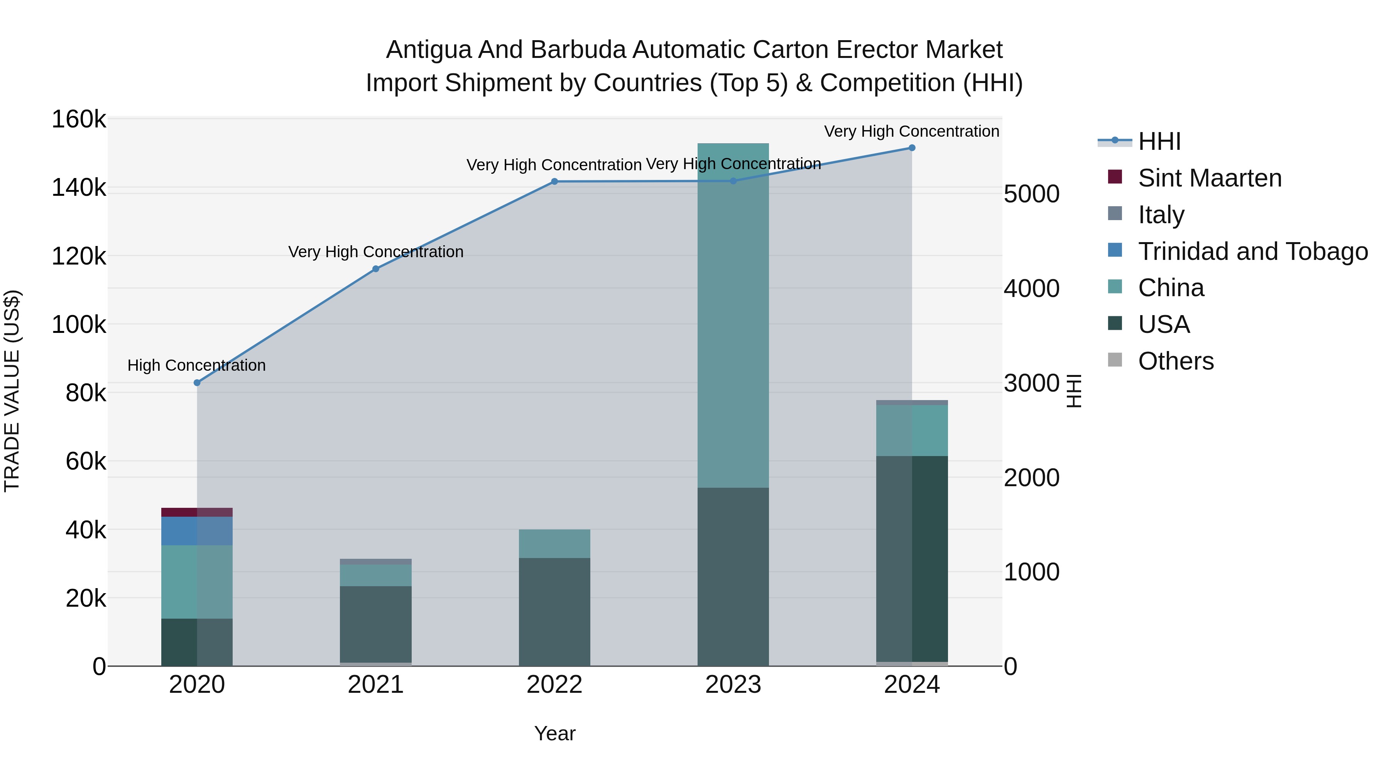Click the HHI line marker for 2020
click(x=197, y=383)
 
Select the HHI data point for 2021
click(x=376, y=269)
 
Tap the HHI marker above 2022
click(x=554, y=182)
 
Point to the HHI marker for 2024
click(x=912, y=148)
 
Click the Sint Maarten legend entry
click(x=1210, y=178)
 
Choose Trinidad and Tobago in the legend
click(x=1252, y=251)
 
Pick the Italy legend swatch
click(x=1115, y=214)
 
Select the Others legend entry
click(x=1176, y=361)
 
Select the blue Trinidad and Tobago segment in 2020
click(x=197, y=531)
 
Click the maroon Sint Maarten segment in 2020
click(x=197, y=512)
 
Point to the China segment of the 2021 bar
click(x=376, y=575)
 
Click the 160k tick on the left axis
click(x=79, y=119)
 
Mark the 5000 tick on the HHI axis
click(x=1031, y=194)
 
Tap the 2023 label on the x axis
click(x=733, y=685)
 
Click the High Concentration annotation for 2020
click(x=196, y=365)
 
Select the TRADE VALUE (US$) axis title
click(x=12, y=391)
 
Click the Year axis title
click(x=554, y=733)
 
